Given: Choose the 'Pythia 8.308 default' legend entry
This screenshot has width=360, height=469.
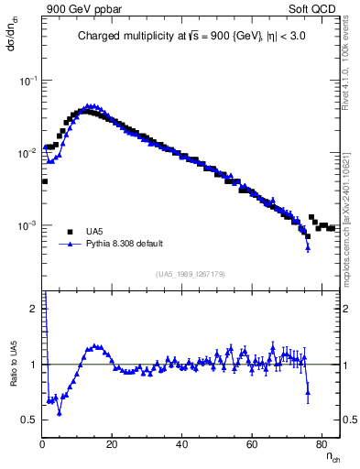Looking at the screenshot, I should pyautogui.click(x=114, y=245).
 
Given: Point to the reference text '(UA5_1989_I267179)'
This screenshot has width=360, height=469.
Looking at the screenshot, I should pyautogui.click(x=191, y=273).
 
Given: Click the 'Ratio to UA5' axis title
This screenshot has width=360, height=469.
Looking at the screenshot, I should pyautogui.click(x=14, y=364).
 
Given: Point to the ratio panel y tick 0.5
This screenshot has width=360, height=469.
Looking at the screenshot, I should pyautogui.click(x=30, y=420).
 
